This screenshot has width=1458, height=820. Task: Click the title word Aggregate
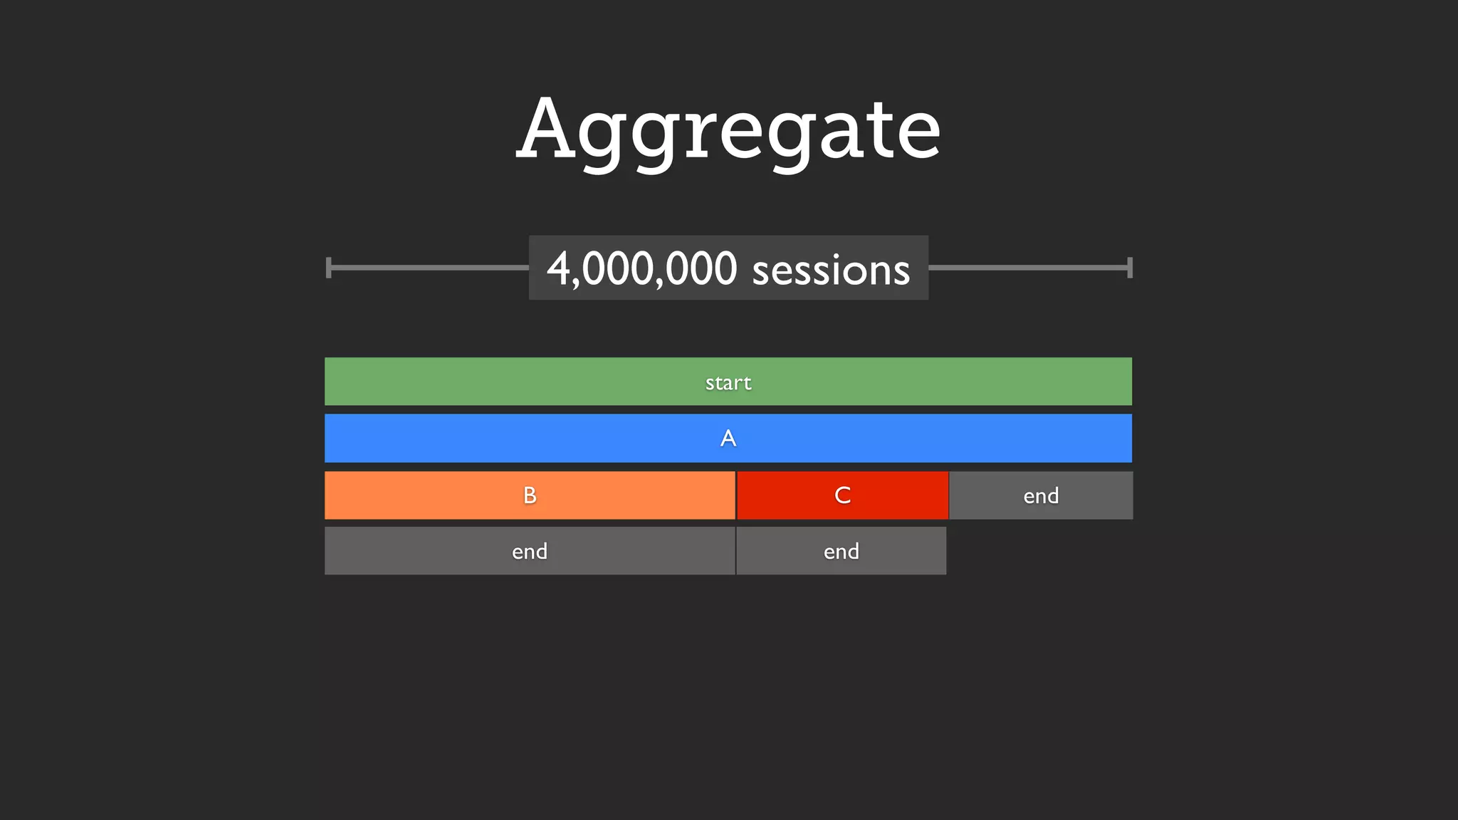[728, 130]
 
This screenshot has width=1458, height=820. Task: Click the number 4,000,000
[641, 269]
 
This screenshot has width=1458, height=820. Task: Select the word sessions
[831, 270]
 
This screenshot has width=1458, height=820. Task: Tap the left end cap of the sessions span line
[328, 268]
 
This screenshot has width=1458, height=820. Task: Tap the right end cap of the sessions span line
[1130, 268]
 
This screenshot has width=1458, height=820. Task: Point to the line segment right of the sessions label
[1028, 268]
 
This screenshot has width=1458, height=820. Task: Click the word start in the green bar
[728, 383]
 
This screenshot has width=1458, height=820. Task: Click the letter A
[728, 438]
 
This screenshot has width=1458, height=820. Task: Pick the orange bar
[427, 495]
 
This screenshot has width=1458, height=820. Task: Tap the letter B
[530, 495]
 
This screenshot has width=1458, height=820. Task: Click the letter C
[843, 495]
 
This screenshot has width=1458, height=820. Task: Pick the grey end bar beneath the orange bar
[427, 551]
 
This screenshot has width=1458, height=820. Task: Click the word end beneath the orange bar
[530, 552]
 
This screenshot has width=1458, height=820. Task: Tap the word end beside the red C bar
[1041, 496]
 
